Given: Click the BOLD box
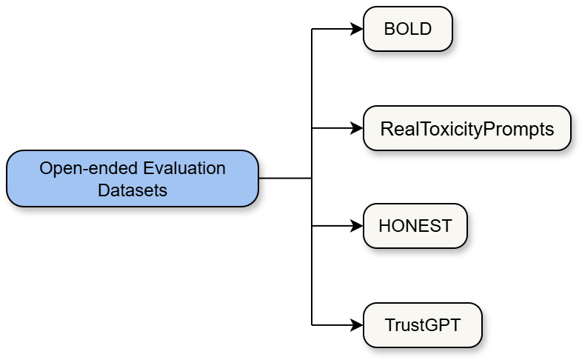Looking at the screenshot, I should click(x=407, y=29).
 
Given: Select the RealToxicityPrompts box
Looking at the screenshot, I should click(x=466, y=128).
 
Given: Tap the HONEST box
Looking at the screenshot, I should click(x=415, y=226).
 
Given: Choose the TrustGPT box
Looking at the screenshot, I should click(x=422, y=324).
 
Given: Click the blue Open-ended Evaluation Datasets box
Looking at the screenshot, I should click(x=133, y=179).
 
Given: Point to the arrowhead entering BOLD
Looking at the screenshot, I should click(x=358, y=30).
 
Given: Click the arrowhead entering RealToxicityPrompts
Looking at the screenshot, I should click(x=358, y=128).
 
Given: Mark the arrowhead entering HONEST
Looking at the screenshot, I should click(x=358, y=226).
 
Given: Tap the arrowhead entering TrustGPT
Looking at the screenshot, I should click(x=358, y=324).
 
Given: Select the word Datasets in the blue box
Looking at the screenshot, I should click(x=133, y=190).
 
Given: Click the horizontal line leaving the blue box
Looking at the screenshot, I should click(x=285, y=179).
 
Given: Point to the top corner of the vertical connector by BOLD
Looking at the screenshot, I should click(x=312, y=30).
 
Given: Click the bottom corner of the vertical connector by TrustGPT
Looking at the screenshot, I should click(x=312, y=324).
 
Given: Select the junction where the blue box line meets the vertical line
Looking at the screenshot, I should click(x=312, y=179).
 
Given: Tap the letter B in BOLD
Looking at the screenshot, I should click(x=389, y=30).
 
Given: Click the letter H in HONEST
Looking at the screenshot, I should click(x=384, y=227).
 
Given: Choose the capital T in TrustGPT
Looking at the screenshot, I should click(x=389, y=324).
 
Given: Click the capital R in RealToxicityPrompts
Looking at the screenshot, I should click(x=386, y=129).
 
